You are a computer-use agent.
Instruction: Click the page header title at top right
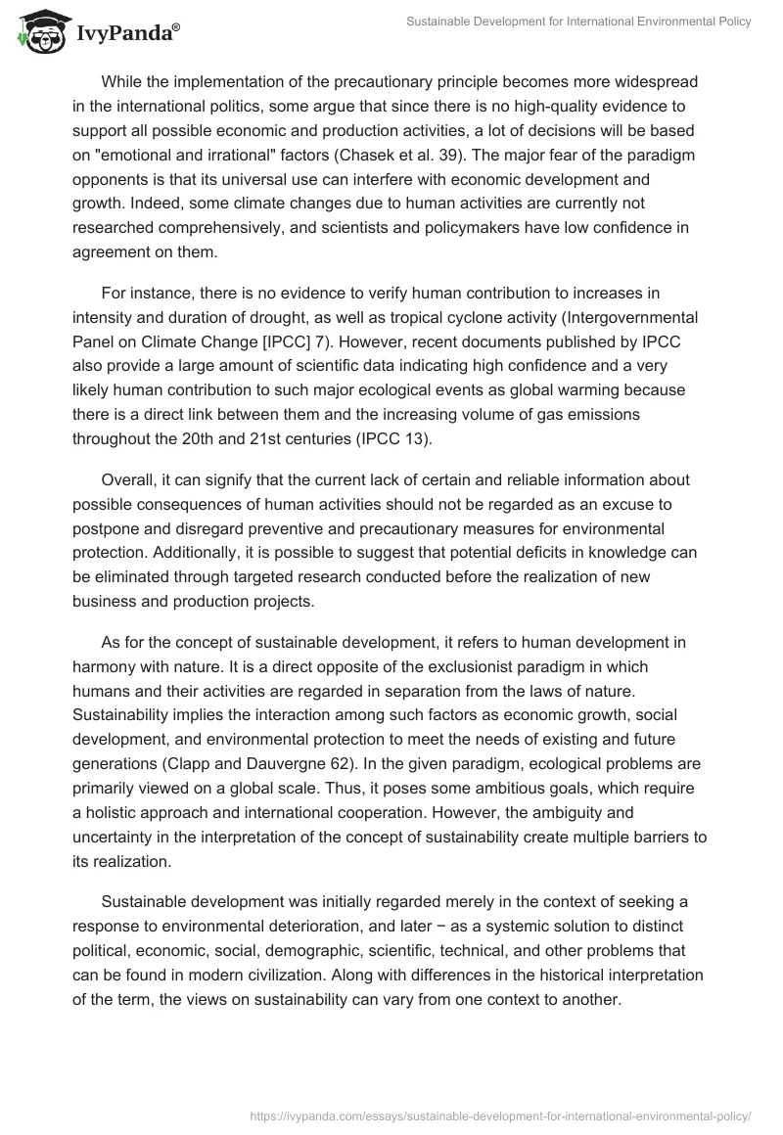click(x=578, y=22)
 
